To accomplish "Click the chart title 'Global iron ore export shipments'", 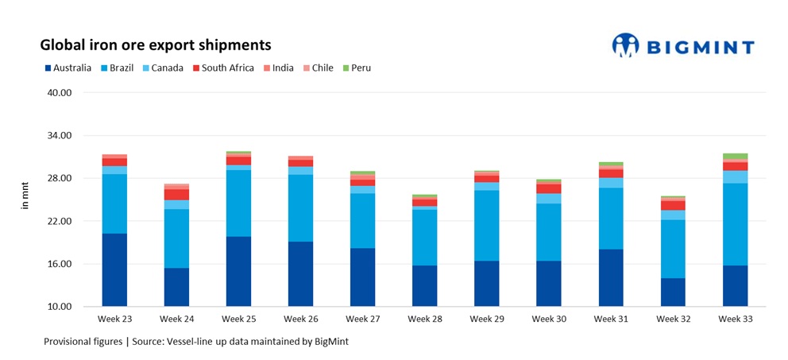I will coord(156,45).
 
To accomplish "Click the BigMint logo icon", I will coord(626,45).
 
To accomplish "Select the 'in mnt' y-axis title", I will coord(25,199).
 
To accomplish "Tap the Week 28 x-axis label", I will coord(425,319).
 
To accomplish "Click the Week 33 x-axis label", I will coord(736,319).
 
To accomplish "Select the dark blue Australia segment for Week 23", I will coord(114,270).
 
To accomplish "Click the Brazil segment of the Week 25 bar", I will coord(238,203).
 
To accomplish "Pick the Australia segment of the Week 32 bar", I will coord(673,292).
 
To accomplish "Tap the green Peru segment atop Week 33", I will coord(735,156).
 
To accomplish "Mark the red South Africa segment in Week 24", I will coord(176,195).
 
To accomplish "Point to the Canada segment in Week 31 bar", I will coord(611,183).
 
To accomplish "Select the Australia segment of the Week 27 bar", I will coord(362,277).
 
